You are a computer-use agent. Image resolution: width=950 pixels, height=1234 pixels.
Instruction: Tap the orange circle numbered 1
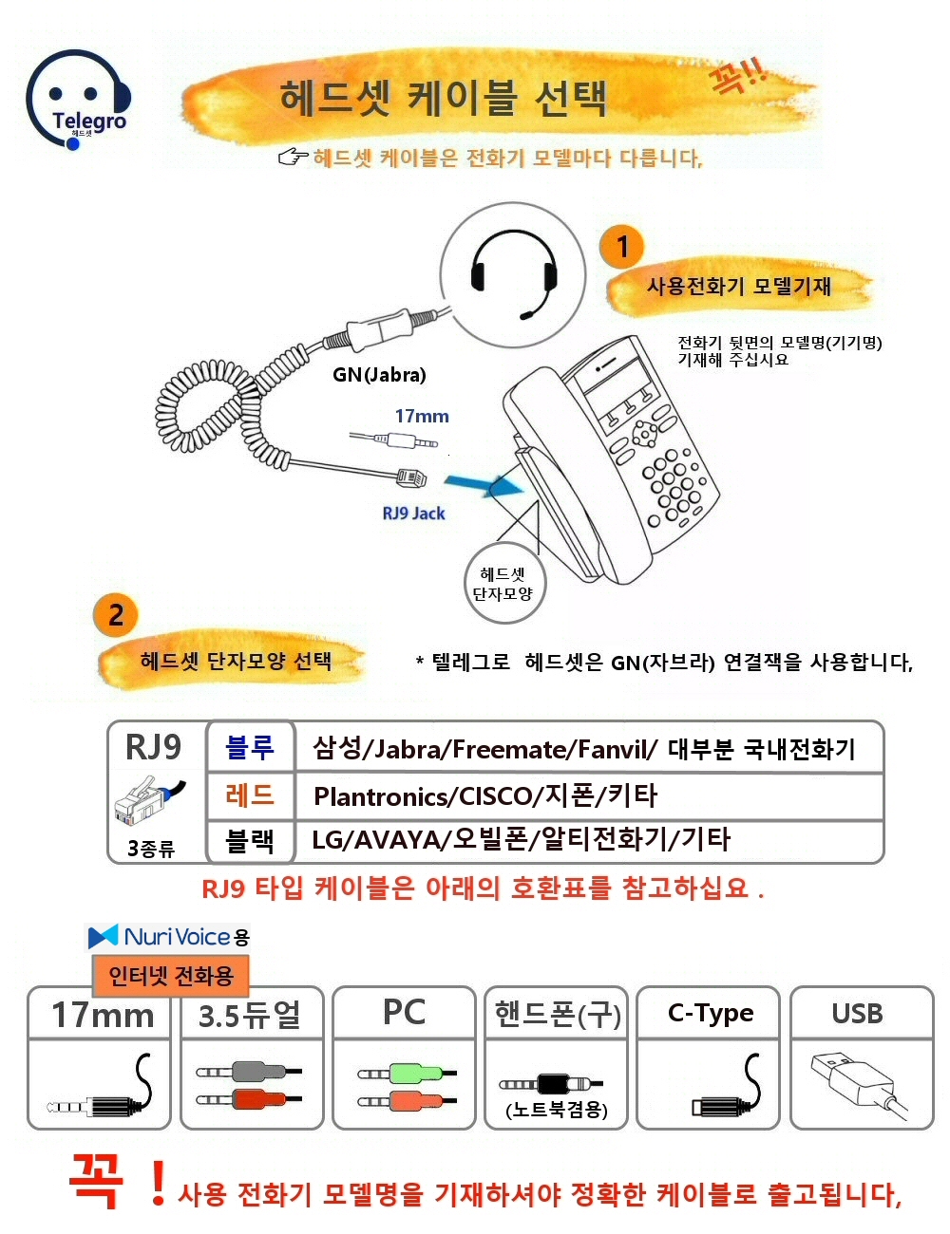pos(622,247)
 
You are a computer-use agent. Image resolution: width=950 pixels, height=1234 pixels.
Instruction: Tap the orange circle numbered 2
pos(116,614)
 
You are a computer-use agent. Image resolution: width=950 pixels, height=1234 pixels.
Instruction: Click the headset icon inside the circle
pos(513,274)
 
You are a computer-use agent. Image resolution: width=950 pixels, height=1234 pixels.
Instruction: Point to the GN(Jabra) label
pos(379,375)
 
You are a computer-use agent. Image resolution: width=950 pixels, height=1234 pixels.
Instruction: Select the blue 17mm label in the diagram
pos(422,416)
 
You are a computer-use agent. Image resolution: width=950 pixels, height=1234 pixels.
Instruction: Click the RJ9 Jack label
pos(413,514)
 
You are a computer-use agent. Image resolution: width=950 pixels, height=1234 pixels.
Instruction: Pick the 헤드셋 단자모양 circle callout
pos(504,584)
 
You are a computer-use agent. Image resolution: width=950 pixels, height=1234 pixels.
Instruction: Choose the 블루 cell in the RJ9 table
pos(250,748)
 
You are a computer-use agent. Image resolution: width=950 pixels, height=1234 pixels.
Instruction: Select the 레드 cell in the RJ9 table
pos(250,795)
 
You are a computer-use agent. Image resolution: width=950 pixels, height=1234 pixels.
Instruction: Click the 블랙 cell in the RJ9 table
pos(250,840)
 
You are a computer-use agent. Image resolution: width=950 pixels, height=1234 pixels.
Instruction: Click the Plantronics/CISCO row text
pos(485,795)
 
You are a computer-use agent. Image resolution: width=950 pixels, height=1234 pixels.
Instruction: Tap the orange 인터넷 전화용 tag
pos(171,976)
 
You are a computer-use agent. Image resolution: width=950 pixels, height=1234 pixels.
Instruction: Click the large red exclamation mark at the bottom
pos(158,1182)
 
